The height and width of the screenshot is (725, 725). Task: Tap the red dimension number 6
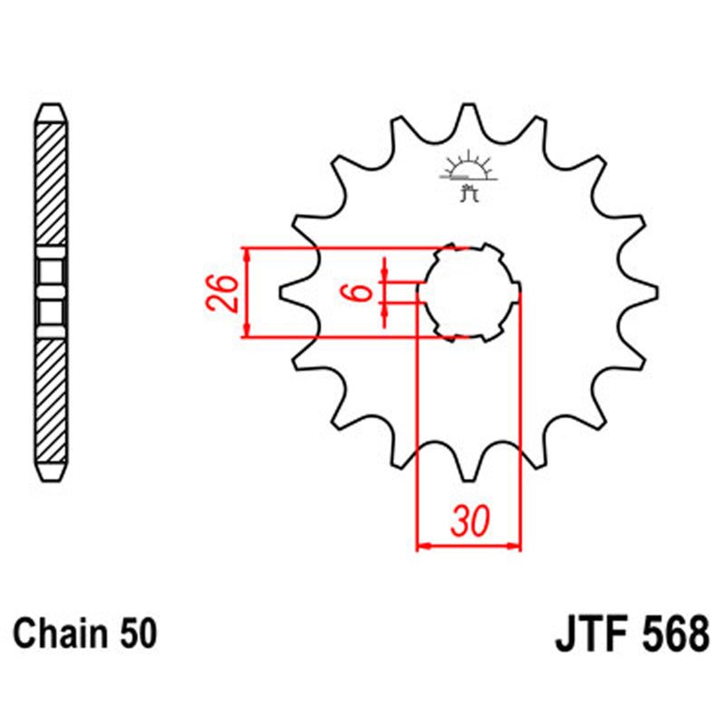click(x=359, y=292)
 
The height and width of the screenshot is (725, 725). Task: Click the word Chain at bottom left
click(x=56, y=632)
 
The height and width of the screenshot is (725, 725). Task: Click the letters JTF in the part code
click(x=594, y=632)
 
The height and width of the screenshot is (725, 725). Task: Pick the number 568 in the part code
click(x=675, y=632)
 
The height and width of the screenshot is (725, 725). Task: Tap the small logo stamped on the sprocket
click(x=468, y=174)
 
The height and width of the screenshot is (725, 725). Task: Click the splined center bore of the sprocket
click(x=469, y=292)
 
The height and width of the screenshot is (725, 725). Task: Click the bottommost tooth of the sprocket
click(x=469, y=468)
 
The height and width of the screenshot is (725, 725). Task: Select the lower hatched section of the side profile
click(x=51, y=399)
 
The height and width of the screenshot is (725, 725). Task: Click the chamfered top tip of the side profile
click(x=51, y=111)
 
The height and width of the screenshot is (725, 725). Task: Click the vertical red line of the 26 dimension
click(x=246, y=292)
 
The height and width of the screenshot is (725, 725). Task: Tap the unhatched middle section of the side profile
click(x=51, y=292)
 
